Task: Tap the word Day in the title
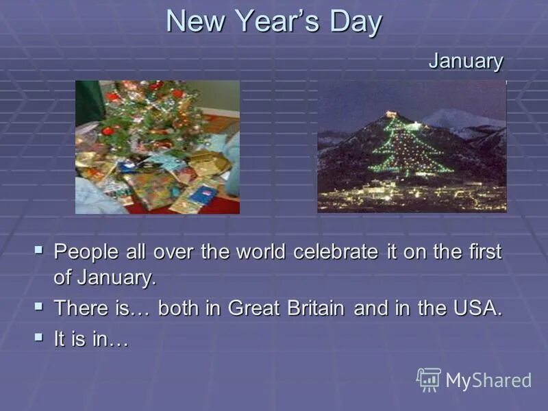352,22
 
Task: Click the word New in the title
195,22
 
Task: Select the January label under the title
466,61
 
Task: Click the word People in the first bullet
86,252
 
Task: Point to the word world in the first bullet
262,252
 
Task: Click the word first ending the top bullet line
484,252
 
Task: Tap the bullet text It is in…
91,338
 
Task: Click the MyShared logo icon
429,379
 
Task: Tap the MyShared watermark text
488,381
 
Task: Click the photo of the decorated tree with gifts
158,147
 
